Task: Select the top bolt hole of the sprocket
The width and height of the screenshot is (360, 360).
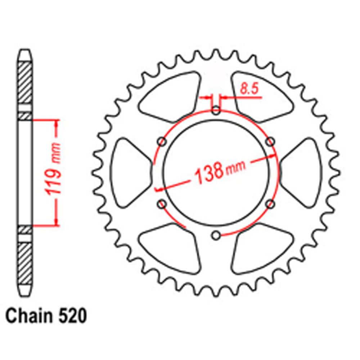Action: pyautogui.click(x=216, y=111)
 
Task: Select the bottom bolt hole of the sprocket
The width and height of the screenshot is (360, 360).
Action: pyautogui.click(x=216, y=235)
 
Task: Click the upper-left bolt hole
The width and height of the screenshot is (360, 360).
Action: pyautogui.click(x=162, y=142)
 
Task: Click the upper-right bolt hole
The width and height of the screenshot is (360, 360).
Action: pyautogui.click(x=270, y=142)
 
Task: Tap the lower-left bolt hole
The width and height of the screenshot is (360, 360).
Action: pyautogui.click(x=162, y=204)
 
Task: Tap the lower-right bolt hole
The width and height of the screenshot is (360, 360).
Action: pyautogui.click(x=270, y=204)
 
